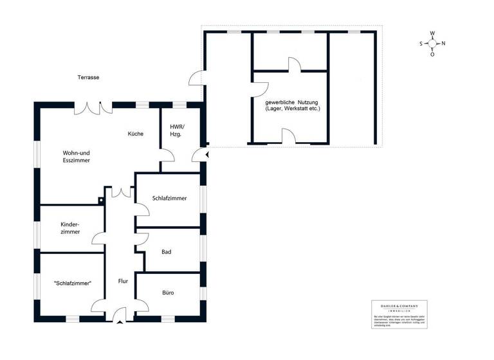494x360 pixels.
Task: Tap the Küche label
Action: pyautogui.click(x=135, y=134)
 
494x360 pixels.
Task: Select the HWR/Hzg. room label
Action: pyautogui.click(x=176, y=130)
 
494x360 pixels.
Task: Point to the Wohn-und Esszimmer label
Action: pyautogui.click(x=76, y=157)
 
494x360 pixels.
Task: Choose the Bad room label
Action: pyautogui.click(x=166, y=252)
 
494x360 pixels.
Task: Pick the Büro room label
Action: pyautogui.click(x=166, y=292)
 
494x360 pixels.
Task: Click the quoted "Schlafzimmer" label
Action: pyautogui.click(x=72, y=283)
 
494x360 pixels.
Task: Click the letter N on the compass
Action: pyautogui.click(x=443, y=44)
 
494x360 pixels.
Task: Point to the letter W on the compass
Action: pyautogui.click(x=433, y=33)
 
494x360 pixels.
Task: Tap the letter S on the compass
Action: pyautogui.click(x=421, y=44)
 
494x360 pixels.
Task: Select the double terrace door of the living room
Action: pyautogui.click(x=88, y=108)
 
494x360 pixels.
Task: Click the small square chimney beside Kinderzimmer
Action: pyautogui.click(x=101, y=201)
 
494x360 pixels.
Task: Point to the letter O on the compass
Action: pyautogui.click(x=432, y=54)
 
